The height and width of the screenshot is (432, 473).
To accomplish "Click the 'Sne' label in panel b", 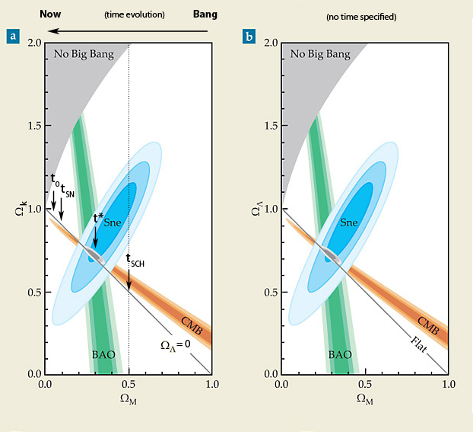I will (x=349, y=223).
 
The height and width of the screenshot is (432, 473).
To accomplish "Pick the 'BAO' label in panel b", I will (x=341, y=355).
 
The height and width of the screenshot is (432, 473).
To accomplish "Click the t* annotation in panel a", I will (x=97, y=218).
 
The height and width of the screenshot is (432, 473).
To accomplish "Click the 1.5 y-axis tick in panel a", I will (x=32, y=126).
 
